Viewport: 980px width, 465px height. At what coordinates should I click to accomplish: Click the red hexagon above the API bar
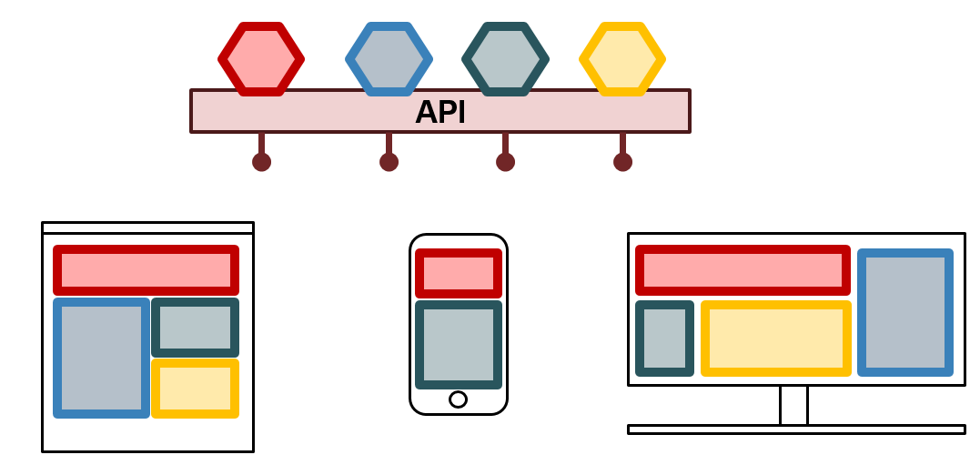click(x=261, y=59)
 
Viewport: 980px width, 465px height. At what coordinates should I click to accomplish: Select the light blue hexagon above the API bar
click(x=389, y=59)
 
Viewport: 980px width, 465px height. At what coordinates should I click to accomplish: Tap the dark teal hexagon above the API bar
click(x=505, y=59)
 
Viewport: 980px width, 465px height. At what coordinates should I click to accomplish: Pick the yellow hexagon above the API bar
click(x=622, y=59)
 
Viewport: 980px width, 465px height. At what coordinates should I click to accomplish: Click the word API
click(x=440, y=112)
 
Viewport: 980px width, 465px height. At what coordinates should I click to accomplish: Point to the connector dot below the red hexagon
click(x=261, y=162)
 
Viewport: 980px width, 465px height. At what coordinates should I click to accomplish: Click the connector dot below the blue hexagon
click(x=389, y=162)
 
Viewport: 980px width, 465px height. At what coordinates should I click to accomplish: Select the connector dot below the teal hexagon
click(x=505, y=162)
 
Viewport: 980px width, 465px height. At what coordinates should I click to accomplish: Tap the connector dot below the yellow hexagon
click(x=622, y=162)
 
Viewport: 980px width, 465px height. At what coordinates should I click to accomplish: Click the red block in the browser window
click(x=146, y=270)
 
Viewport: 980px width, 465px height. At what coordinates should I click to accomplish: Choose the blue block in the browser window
click(x=101, y=358)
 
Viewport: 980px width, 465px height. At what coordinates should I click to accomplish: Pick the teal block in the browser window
click(x=195, y=328)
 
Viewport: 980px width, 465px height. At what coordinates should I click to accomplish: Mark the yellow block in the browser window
click(x=195, y=389)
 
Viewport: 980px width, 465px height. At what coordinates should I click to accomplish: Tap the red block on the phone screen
click(x=459, y=273)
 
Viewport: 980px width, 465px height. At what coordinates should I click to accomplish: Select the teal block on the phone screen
click(x=459, y=345)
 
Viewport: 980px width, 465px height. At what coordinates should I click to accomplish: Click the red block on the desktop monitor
click(x=743, y=270)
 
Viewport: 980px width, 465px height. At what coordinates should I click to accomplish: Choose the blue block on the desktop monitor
click(x=904, y=312)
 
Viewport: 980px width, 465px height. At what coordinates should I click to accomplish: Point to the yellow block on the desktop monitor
click(x=775, y=339)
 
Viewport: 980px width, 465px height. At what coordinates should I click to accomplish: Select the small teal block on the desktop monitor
click(x=664, y=339)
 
